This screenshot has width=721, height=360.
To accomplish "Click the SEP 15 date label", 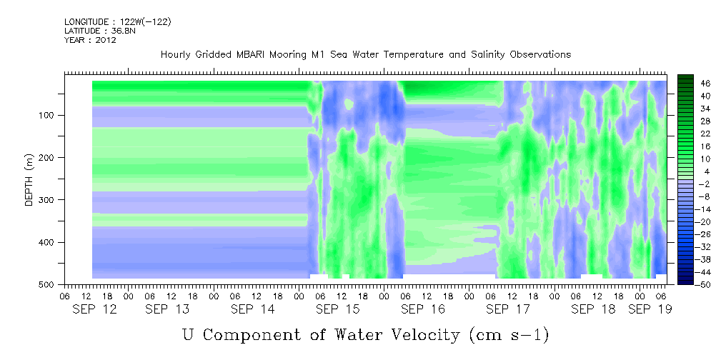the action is [x=338, y=309].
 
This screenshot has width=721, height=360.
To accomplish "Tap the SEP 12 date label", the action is [x=95, y=309].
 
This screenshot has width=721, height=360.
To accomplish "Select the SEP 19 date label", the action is [x=650, y=309].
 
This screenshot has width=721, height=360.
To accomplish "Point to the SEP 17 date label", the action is [x=508, y=309].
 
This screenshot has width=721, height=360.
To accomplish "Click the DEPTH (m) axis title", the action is [x=29, y=179].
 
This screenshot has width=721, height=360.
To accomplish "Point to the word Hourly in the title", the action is [x=174, y=55].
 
